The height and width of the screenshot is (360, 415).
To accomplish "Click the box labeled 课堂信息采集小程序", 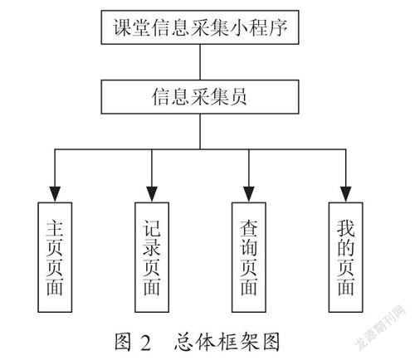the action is point(200,27).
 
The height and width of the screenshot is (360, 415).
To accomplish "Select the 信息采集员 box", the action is point(200,97).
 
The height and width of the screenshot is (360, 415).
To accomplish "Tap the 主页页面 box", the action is point(55,257).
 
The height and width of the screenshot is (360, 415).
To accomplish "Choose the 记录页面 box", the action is point(152,257).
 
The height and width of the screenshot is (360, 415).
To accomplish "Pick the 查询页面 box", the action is point(249,257).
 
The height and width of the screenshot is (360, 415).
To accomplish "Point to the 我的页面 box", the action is point(346,257).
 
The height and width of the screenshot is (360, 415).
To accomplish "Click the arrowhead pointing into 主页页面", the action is point(55,194).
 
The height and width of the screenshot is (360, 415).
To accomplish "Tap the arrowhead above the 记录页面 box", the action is point(152,194).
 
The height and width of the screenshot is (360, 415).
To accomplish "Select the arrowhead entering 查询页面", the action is point(249,194).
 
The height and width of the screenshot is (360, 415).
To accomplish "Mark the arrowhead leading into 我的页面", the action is point(346,194).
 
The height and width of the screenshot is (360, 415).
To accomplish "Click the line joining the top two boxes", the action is point(200,62).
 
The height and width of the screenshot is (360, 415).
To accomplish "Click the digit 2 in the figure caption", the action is point(146,343).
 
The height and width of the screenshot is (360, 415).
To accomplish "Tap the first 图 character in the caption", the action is point(123,342).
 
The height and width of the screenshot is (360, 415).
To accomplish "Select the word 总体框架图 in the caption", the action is point(227,342).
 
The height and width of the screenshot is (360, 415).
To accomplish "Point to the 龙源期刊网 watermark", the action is point(381,327).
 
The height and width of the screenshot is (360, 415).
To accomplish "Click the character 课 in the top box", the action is point(122,27).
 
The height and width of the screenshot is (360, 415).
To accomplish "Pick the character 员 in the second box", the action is point(238,97).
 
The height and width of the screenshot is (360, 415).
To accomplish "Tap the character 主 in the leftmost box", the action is point(55,228).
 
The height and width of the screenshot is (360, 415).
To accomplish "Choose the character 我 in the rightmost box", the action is point(346,228).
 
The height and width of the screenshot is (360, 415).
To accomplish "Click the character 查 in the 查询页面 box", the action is point(249,228).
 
